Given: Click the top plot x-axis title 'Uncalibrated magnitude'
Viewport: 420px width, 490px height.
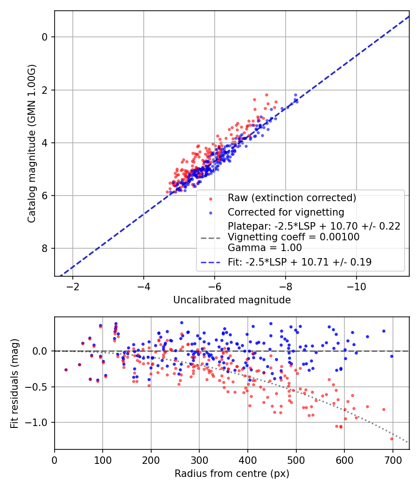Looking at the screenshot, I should coord(232,300).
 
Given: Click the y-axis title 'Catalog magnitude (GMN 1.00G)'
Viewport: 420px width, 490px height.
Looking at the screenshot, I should coord(31,144).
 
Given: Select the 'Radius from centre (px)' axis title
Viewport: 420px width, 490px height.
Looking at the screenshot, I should coord(232,474).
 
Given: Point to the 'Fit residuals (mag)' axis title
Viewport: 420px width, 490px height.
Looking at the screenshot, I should coord(14,383).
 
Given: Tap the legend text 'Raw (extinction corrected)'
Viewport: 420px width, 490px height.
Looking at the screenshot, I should coord(292,198).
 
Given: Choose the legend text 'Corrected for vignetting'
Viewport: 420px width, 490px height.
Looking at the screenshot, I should coord(286,212).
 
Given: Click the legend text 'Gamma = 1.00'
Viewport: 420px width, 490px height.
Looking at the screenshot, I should coord(265,248).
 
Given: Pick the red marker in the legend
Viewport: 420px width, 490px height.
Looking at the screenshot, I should coord(211,198).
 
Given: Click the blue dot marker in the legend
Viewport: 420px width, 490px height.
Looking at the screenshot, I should coord(211,213).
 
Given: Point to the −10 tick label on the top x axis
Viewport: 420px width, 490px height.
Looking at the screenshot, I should coord(356,286).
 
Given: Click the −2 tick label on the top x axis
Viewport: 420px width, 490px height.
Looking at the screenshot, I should coord(72,286).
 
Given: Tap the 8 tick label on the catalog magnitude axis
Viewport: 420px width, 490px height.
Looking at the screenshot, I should coord(45,249).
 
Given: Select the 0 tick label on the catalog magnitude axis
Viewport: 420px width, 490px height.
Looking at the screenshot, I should coord(45,37).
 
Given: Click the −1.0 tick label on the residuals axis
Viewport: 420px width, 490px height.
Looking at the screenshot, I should coord(40,423).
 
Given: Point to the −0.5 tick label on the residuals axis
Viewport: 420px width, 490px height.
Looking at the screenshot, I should coord(40,387).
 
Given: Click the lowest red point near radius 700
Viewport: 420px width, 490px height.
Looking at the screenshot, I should coord(392,439).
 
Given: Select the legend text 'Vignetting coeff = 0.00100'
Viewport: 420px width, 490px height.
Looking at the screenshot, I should coord(294,237).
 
